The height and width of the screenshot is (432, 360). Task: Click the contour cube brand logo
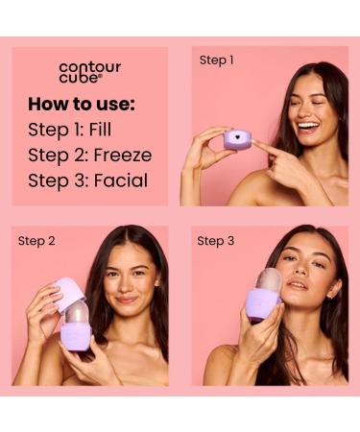89,72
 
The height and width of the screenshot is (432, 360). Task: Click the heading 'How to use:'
81,104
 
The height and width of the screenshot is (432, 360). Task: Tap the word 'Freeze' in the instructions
124,155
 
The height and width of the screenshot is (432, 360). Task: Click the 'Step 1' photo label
216,60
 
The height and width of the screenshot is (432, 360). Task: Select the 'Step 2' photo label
36,241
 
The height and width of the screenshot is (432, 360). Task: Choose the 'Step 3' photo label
215,241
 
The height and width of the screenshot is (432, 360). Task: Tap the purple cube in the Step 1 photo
237,140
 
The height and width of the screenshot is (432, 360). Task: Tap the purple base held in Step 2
76,337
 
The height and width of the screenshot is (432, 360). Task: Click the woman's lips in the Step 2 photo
127,300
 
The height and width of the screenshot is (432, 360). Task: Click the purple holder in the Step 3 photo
263,305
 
